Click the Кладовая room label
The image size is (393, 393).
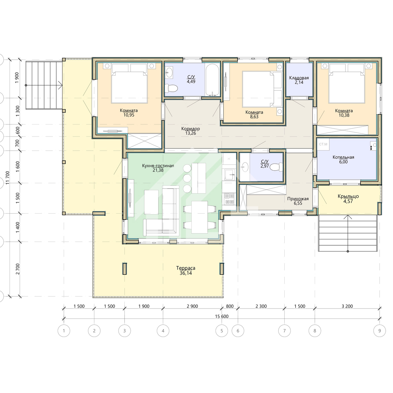click(299, 78)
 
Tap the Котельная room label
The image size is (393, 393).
click(343, 157)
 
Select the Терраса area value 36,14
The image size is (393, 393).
click(186, 273)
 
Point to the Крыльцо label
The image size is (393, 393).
click(348, 196)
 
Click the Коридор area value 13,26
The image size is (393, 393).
click(191, 133)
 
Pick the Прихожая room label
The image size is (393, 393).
click(298, 199)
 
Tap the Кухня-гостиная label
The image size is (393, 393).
click(158, 166)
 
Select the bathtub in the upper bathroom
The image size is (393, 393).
click(213, 80)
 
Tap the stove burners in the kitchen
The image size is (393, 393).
click(229, 199)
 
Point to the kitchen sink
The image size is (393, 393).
click(229, 175)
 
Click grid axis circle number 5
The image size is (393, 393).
click(222, 330)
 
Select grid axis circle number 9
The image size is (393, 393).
click(379, 330)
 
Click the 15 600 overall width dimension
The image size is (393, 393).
click(222, 316)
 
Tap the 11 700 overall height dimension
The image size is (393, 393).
click(8, 178)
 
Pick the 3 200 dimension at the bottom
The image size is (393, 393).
click(347, 306)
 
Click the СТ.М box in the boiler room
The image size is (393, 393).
click(323, 144)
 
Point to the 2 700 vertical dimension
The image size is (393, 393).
click(18, 269)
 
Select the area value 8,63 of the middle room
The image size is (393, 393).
click(254, 117)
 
